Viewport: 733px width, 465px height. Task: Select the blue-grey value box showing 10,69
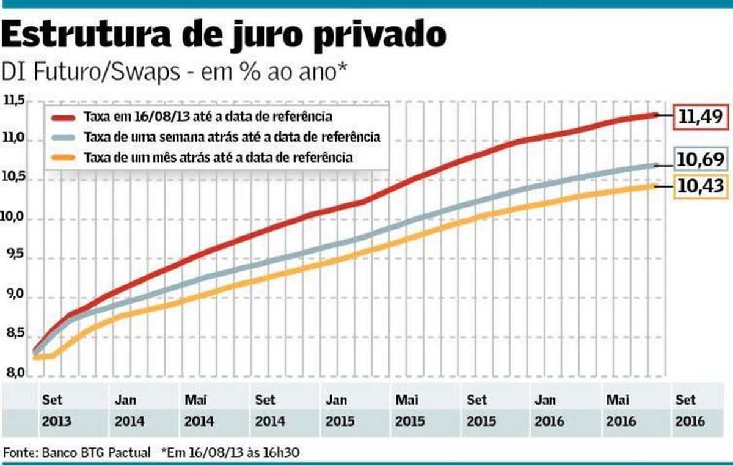pos(700,161)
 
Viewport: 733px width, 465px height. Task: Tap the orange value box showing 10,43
pos(700,188)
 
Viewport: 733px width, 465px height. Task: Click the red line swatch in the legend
pos(63,117)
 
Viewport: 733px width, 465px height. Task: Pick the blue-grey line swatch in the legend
pos(63,137)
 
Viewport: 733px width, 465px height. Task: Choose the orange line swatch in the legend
pos(63,158)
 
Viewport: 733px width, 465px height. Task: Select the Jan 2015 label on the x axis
pos(336,410)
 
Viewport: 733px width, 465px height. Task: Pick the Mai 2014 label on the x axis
pos(196,410)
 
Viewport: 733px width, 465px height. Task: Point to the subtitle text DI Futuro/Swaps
pos(90,72)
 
